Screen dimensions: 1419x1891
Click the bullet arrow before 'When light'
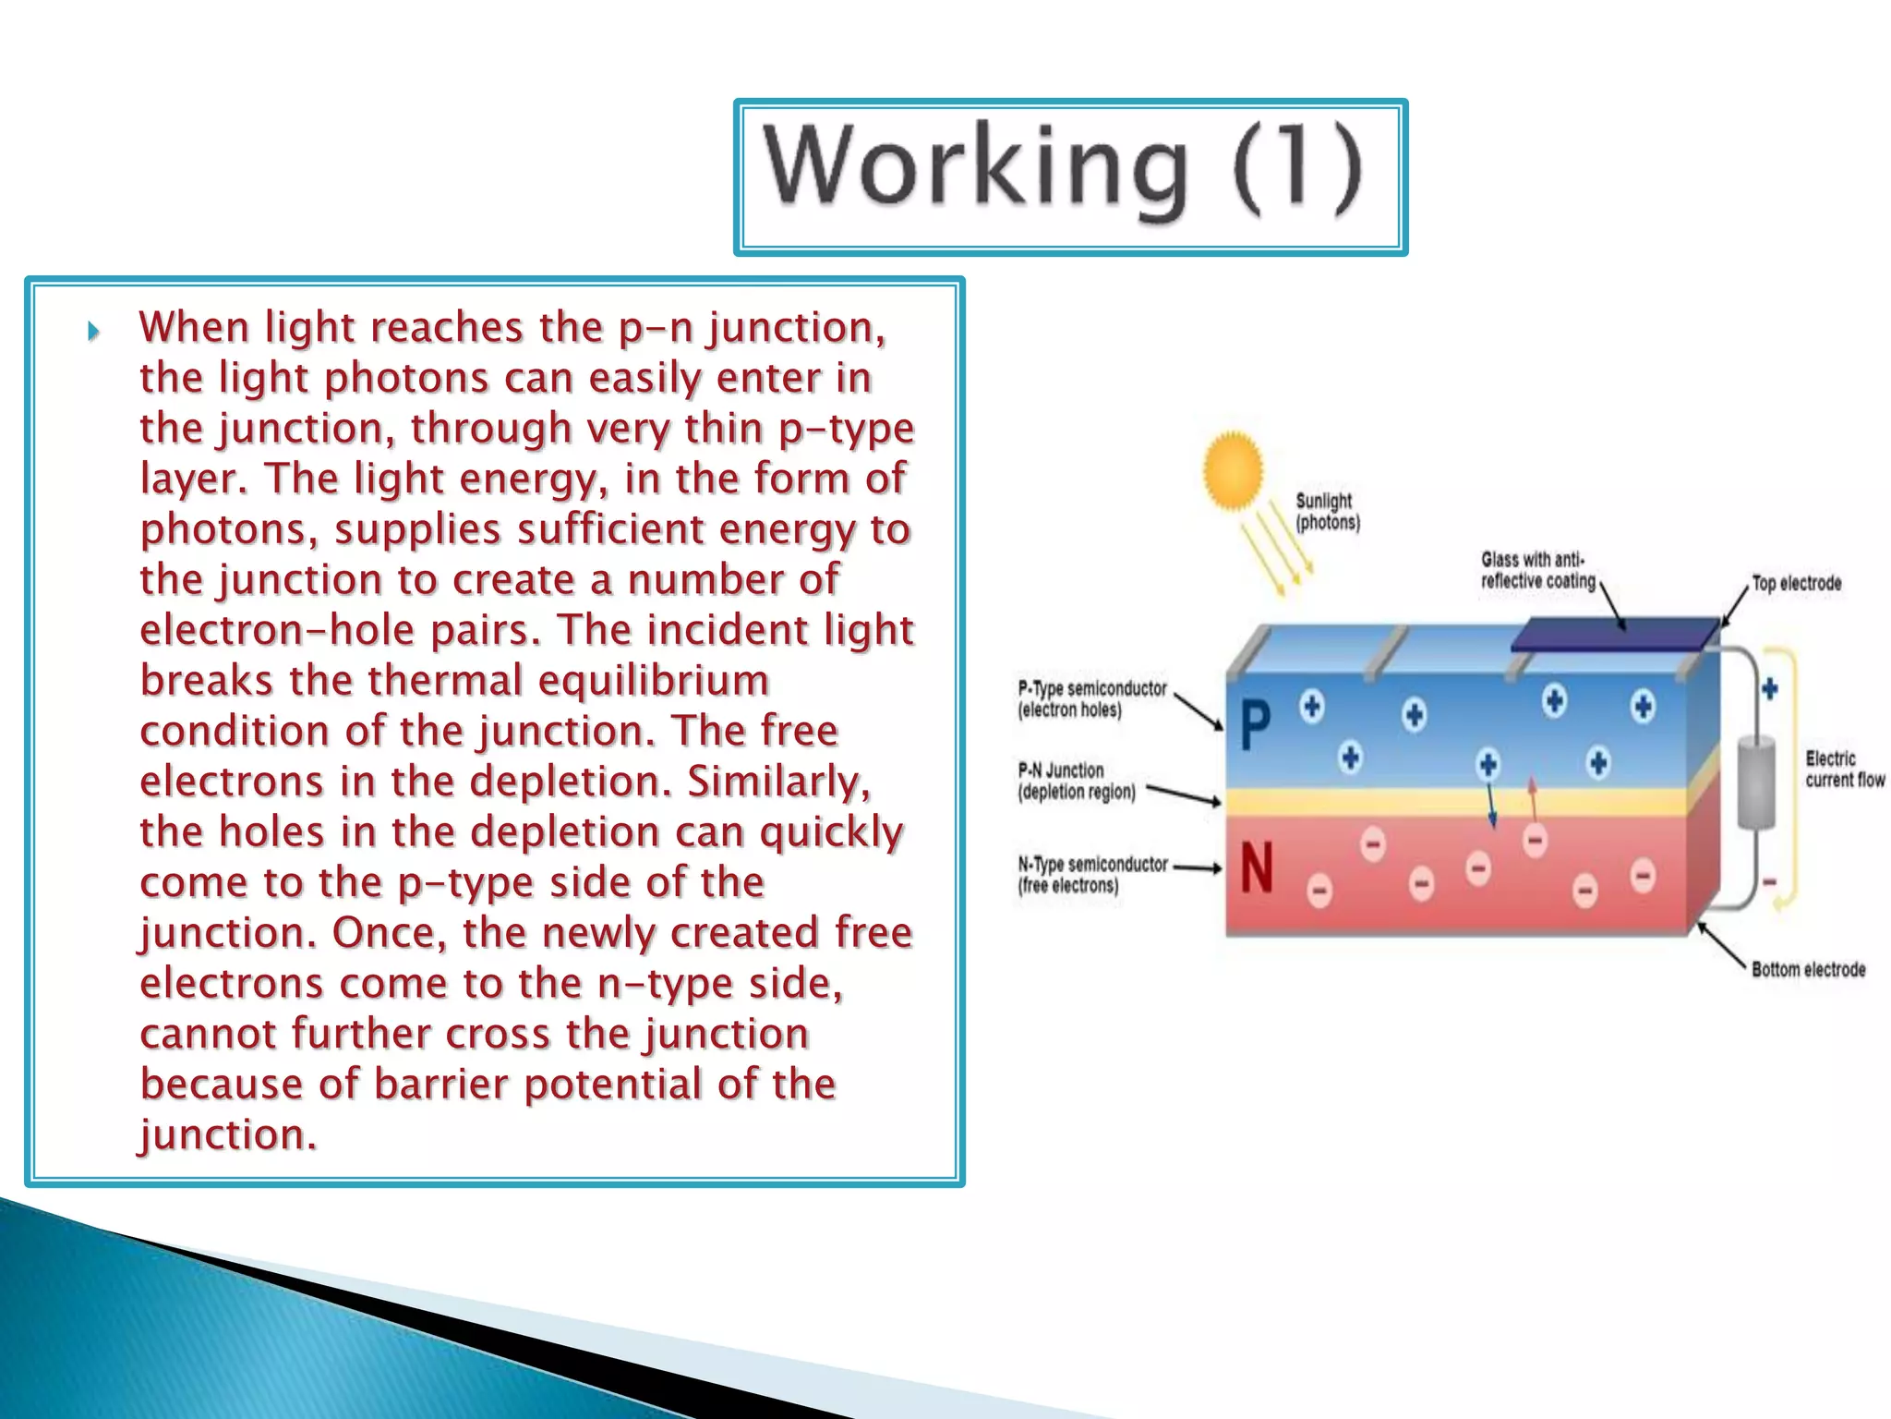pos(93,331)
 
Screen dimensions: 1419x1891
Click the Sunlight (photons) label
pos(1327,512)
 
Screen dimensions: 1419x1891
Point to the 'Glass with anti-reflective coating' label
pos(1537,570)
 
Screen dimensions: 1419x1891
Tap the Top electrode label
pos(1796,583)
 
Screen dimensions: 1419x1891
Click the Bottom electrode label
pos(1808,969)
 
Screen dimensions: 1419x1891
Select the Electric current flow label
pos(1844,769)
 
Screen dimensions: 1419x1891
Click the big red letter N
pos(1256,868)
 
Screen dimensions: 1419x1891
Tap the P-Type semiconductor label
pos(1091,699)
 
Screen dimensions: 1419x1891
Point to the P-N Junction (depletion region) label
pos(1076,781)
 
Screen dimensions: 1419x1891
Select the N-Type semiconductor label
pos(1091,875)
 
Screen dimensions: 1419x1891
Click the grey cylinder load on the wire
pos(1756,782)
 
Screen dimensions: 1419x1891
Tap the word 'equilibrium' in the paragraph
pos(653,681)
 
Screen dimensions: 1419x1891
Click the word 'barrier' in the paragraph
pos(440,1085)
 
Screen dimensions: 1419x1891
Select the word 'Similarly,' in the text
pos(778,782)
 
